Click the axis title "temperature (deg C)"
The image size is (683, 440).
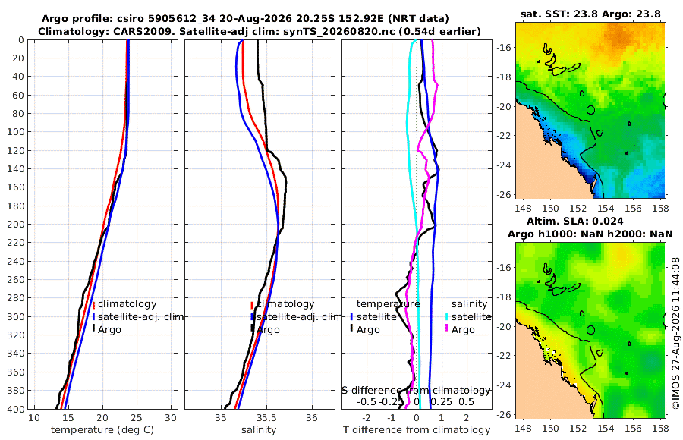click(102, 430)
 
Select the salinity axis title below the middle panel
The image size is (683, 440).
click(259, 430)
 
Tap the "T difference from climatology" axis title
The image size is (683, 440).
click(417, 430)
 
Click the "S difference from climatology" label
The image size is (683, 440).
click(416, 391)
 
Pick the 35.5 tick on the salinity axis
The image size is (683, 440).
click(266, 418)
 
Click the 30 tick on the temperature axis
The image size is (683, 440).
click(171, 418)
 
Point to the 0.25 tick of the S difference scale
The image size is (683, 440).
click(441, 401)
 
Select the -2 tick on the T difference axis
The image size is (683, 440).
click(366, 418)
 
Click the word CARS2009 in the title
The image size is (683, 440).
click(142, 31)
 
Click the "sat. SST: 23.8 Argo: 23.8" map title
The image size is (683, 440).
click(590, 14)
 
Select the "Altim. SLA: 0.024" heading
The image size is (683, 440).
click(574, 221)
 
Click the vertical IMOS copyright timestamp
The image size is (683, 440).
click(676, 333)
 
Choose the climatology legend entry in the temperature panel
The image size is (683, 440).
click(124, 304)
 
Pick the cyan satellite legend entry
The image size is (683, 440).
click(468, 316)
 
